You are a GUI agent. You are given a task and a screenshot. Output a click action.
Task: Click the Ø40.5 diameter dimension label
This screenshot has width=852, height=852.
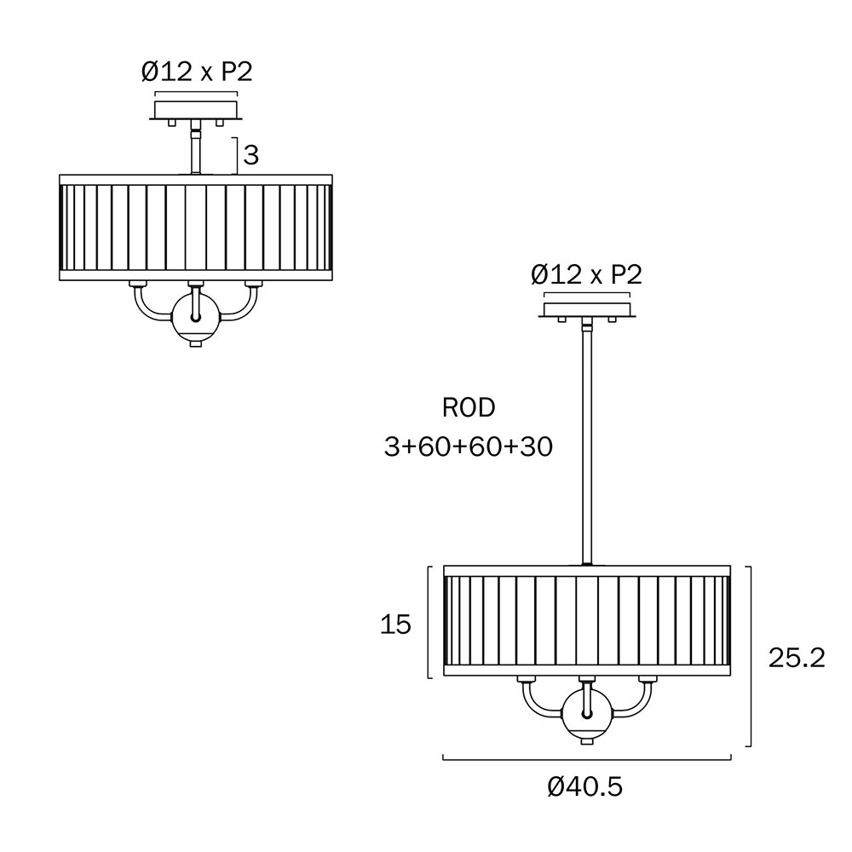584,786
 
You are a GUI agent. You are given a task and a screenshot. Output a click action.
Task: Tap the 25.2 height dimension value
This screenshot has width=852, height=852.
797,658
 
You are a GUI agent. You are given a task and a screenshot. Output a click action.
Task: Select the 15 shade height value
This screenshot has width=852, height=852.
395,625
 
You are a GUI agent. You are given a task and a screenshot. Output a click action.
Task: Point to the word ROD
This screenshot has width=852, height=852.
469,407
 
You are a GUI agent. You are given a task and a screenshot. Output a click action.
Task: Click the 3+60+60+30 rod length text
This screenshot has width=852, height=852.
469,446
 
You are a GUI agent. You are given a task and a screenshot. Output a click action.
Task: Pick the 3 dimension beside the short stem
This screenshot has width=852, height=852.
250,155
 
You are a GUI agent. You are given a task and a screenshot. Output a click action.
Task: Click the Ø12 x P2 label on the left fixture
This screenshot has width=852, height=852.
197,72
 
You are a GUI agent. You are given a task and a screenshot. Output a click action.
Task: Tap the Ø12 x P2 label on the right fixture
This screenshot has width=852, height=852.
586,274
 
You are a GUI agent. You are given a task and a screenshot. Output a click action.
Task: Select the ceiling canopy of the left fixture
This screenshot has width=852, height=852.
196,112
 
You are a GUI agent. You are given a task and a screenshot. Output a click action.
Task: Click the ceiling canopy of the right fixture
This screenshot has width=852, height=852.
586,308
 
